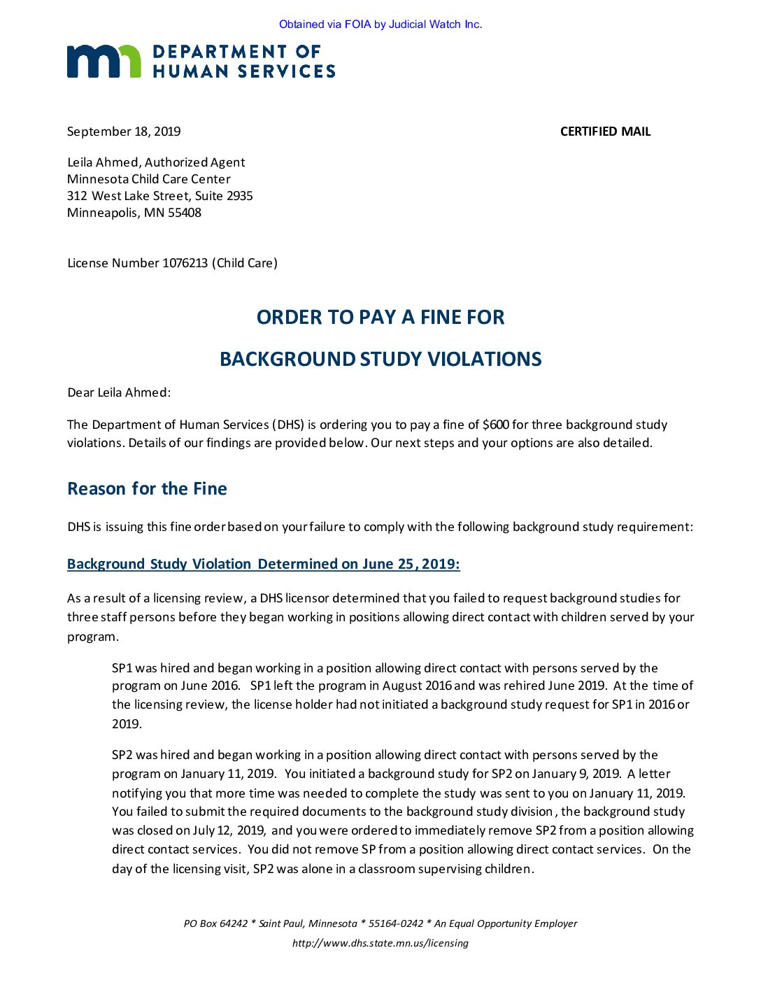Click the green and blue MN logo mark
click(x=104, y=62)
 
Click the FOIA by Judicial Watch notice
click(x=380, y=24)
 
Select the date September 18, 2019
click(x=124, y=132)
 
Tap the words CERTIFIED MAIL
click(x=605, y=132)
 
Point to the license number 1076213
click(x=185, y=263)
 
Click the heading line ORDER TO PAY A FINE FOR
click(x=380, y=318)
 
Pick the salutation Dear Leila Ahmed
click(x=119, y=392)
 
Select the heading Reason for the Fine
click(x=147, y=489)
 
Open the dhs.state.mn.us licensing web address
click(x=380, y=943)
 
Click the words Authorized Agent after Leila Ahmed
click(x=195, y=162)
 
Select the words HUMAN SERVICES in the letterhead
click(x=244, y=71)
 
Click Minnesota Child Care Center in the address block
click(x=149, y=179)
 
